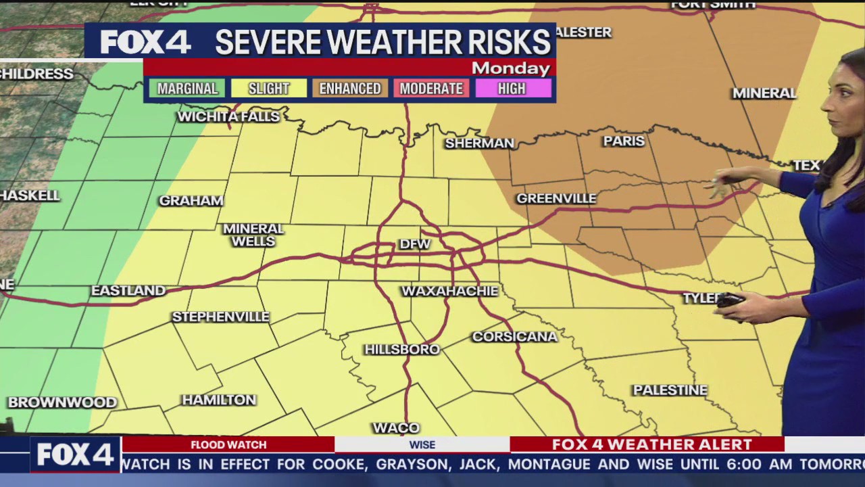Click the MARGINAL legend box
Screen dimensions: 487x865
click(x=187, y=89)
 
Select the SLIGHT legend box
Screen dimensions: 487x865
click(x=268, y=89)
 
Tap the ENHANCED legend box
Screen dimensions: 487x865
click(x=350, y=89)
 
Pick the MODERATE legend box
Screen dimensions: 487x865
click(x=431, y=89)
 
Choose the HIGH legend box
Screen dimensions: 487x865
click(x=512, y=89)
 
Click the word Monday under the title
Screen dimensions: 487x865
click(x=511, y=68)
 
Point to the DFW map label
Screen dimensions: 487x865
click(x=415, y=244)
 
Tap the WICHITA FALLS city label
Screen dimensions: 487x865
click(x=228, y=117)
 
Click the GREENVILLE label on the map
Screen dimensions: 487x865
click(x=556, y=198)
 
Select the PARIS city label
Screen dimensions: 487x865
click(x=624, y=141)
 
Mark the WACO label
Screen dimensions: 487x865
click(x=396, y=427)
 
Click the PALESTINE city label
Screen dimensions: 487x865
click(x=670, y=390)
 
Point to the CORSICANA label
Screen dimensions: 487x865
click(x=515, y=336)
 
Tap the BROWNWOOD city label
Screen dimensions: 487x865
click(x=62, y=402)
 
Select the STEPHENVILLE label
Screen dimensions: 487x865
click(x=220, y=317)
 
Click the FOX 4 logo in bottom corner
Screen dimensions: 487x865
click(x=74, y=455)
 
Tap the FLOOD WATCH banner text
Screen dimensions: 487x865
click(x=228, y=444)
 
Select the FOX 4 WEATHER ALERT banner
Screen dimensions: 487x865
click(x=651, y=444)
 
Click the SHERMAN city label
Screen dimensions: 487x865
click(x=479, y=143)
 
